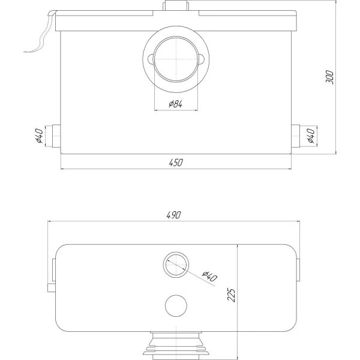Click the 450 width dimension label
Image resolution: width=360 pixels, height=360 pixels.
pos(176,163)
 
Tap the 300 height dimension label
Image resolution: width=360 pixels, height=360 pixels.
pos(329,77)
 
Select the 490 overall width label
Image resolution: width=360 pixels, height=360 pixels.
pos(174,215)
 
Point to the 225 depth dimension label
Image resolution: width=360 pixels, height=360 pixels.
pos(231,295)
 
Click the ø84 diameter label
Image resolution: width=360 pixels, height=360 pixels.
pos(176,104)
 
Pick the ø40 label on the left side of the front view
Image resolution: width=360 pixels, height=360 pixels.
pos(40,136)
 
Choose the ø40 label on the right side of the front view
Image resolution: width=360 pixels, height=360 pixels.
pos(311,136)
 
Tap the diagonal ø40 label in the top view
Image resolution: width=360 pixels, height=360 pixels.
pos(209,276)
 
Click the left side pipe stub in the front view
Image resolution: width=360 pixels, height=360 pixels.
pos(56,136)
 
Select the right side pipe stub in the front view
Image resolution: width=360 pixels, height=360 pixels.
pos(295,136)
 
